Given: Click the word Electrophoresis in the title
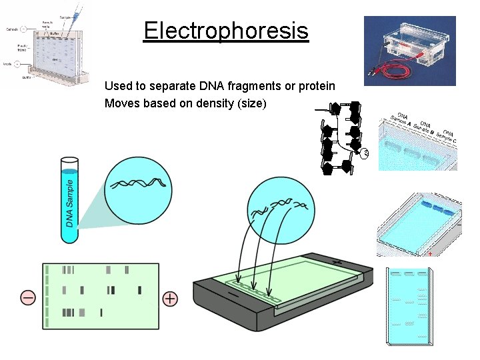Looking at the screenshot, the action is click(225, 31).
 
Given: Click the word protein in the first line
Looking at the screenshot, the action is click(317, 87).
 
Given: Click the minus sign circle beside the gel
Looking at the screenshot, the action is click(28, 298).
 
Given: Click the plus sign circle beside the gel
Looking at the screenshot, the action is click(170, 298).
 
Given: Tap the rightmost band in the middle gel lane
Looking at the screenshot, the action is click(139, 290).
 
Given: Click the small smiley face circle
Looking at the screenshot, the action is click(365, 155).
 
